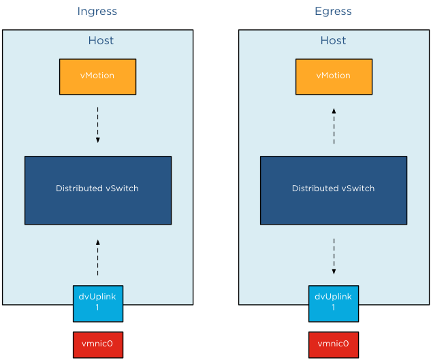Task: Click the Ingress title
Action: point(97,12)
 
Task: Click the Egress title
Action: point(333,12)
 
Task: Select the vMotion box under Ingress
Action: point(97,76)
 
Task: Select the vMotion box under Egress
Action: point(334,76)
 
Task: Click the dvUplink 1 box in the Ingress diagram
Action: point(98,303)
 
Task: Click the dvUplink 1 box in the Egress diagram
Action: point(334,303)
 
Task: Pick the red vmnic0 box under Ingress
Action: point(98,344)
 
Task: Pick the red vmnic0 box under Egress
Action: point(334,344)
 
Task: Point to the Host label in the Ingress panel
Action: point(101,41)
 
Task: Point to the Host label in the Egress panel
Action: point(333,41)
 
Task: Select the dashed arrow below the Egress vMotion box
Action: point(334,125)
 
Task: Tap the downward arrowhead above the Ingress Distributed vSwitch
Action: point(97,140)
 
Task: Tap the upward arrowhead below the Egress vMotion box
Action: point(334,110)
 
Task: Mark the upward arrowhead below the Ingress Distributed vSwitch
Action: point(97,242)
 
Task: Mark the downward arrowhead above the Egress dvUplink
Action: point(334,272)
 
